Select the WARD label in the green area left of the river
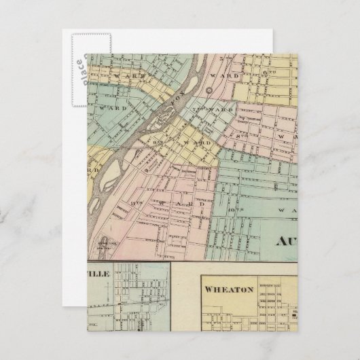tap(107, 108)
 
